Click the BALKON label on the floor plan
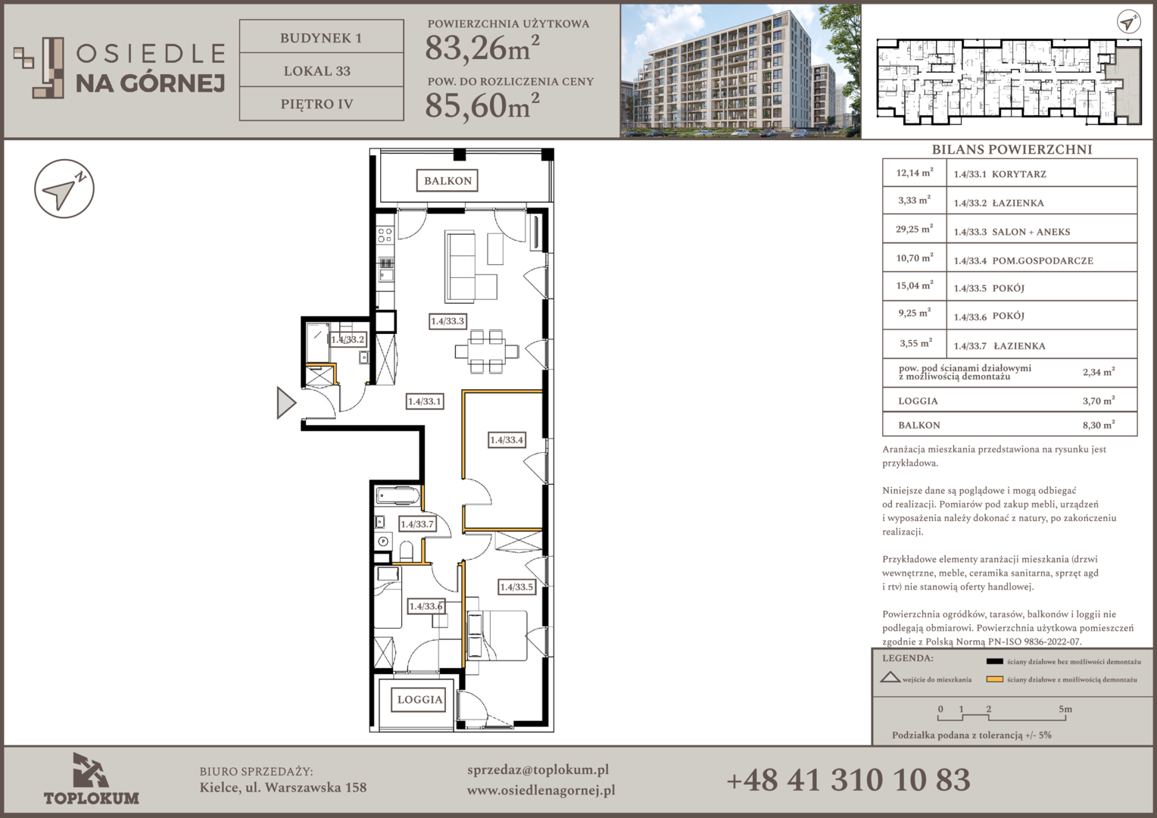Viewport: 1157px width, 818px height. click(x=448, y=181)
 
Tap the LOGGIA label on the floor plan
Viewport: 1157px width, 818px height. click(x=420, y=700)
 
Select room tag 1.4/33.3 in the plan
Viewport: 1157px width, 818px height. click(x=448, y=321)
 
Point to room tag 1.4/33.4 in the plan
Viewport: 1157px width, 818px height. click(x=507, y=440)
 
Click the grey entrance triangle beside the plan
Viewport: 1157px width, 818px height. click(x=285, y=402)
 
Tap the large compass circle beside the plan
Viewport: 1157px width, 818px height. click(x=64, y=189)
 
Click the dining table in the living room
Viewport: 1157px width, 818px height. click(x=487, y=351)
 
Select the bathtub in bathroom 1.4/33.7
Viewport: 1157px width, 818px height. click(x=398, y=495)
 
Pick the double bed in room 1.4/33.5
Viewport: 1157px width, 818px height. click(x=497, y=635)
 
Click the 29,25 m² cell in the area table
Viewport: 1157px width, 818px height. click(x=914, y=229)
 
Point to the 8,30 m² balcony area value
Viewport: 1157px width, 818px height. click(x=1099, y=425)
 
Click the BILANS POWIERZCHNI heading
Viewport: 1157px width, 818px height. click(x=1012, y=149)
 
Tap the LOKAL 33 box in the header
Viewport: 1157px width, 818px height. click(x=321, y=70)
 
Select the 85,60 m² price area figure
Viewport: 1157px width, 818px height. click(x=482, y=105)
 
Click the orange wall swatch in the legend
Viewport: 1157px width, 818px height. click(x=994, y=679)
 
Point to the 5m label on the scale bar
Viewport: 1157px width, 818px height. click(x=1065, y=709)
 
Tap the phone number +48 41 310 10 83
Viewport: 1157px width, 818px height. click(x=849, y=780)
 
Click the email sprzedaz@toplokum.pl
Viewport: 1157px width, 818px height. click(x=538, y=770)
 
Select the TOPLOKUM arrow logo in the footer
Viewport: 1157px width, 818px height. click(x=90, y=770)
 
